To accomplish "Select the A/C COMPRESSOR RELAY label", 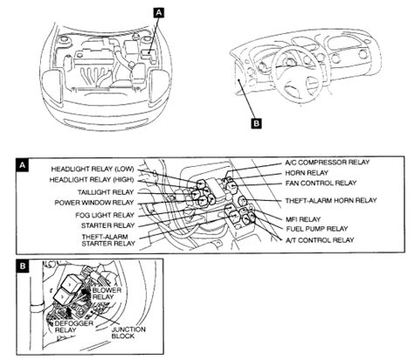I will [328, 163].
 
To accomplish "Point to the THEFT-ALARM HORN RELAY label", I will [330, 200].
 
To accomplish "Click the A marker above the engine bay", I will [157, 11].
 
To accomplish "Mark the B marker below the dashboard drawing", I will [256, 124].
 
